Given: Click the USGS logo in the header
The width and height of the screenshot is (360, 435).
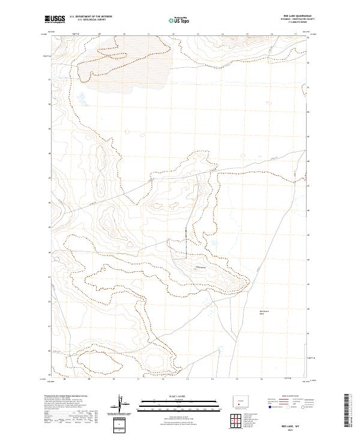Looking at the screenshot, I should pyautogui.click(x=55, y=20).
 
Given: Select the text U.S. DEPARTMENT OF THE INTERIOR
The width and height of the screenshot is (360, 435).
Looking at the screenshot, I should pyautogui.click(x=91, y=17).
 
